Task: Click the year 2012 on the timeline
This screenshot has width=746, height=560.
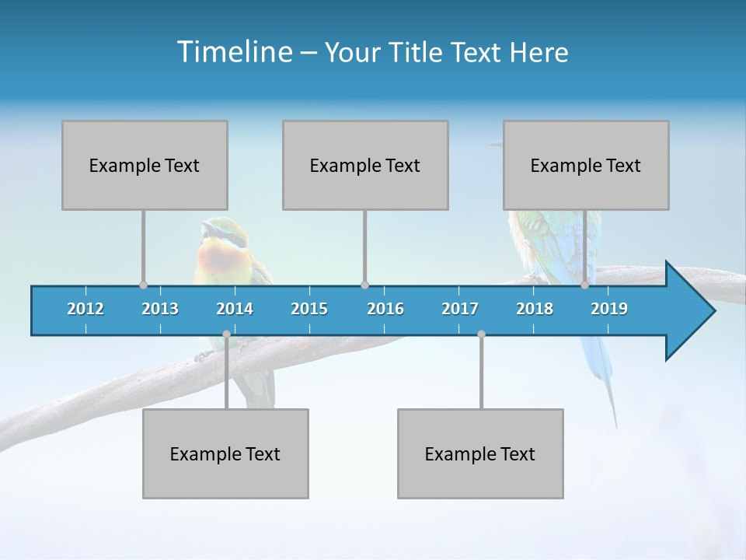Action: [85, 309]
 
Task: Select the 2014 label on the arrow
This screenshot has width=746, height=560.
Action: [235, 309]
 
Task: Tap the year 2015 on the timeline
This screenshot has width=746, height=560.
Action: [309, 309]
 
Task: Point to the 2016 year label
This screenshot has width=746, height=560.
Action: [385, 309]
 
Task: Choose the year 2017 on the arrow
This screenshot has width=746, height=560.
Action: [460, 309]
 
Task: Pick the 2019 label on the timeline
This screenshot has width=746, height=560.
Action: [609, 309]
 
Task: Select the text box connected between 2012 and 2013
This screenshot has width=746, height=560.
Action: [145, 165]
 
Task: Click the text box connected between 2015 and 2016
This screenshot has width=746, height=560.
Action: [365, 165]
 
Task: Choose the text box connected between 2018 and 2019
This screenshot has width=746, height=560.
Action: [586, 165]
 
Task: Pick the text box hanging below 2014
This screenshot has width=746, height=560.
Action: [225, 453]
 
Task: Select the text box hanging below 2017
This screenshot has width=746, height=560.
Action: [480, 453]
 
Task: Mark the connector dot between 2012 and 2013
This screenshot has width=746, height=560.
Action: [143, 285]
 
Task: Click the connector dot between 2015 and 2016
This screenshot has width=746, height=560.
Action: [364, 285]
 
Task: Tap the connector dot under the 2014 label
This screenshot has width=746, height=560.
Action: [226, 334]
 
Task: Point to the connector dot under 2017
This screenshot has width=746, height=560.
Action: [481, 334]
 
